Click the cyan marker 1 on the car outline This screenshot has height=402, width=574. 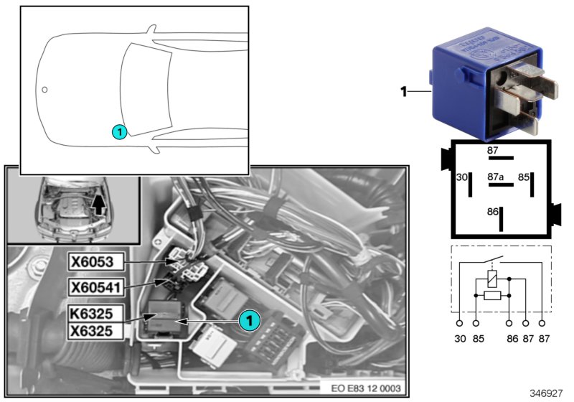click(120, 131)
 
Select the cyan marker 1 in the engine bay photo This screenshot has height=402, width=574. click(249, 321)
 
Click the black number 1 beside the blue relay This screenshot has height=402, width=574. click(403, 91)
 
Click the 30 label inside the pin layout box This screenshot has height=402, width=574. click(461, 176)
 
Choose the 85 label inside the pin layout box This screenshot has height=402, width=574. click(524, 176)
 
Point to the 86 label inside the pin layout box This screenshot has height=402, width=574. click(493, 212)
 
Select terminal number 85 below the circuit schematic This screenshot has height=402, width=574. click(476, 337)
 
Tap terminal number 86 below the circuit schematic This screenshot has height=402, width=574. click(509, 337)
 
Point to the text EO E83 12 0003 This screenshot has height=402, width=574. click(364, 389)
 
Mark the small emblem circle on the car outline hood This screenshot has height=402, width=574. click(44, 90)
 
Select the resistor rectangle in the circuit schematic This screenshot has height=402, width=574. click(491, 295)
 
